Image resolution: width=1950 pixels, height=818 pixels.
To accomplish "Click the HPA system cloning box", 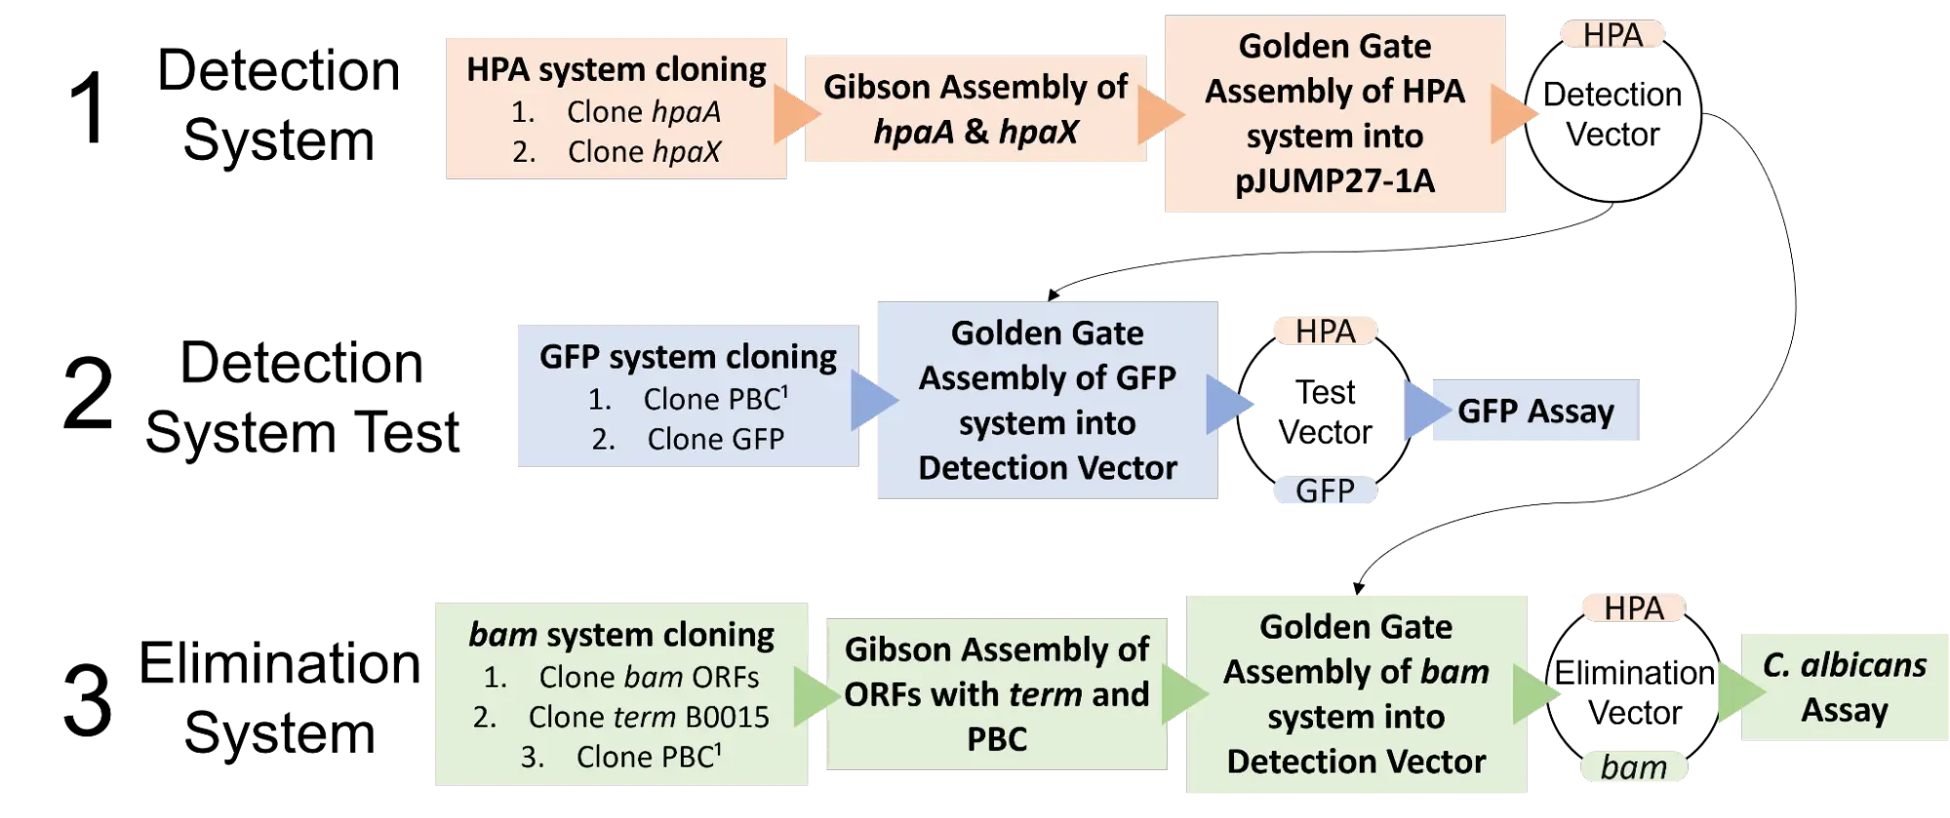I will click(x=616, y=105).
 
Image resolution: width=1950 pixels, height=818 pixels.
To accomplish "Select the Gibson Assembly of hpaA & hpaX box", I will click(x=975, y=108).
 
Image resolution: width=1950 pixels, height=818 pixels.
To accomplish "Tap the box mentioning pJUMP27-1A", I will click(x=1333, y=114).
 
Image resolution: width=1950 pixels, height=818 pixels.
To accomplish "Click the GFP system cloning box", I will click(x=687, y=395).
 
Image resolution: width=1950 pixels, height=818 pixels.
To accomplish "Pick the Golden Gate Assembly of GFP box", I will click(x=1047, y=400).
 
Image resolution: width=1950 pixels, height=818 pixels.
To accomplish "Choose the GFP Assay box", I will click(x=1535, y=410).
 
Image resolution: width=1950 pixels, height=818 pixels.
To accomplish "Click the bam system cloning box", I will click(x=619, y=694).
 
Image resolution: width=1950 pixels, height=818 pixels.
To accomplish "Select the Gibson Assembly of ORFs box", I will click(x=995, y=694).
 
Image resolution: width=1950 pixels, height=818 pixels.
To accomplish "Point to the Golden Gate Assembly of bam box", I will click(x=1356, y=694).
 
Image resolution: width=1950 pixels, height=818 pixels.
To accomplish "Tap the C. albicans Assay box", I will click(x=1844, y=686).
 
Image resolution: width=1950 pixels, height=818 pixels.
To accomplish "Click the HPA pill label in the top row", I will click(x=1612, y=35).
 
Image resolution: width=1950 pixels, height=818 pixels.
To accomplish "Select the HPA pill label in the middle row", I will click(x=1325, y=331).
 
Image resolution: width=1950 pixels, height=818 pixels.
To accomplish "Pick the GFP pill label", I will click(x=1325, y=490).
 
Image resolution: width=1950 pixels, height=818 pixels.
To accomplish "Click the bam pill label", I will click(x=1633, y=767).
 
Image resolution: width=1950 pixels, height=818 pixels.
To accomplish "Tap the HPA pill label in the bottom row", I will click(x=1633, y=608).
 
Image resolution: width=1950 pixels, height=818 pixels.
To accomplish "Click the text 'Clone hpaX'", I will click(x=644, y=152).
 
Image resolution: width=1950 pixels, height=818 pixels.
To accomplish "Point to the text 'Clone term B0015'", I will click(x=648, y=718).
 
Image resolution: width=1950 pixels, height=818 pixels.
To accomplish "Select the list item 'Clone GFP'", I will click(x=715, y=440).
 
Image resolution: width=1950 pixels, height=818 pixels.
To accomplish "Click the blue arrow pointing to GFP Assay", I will click(x=1420, y=410).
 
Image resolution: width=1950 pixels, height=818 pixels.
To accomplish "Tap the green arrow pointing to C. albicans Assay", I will click(x=1737, y=693).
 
